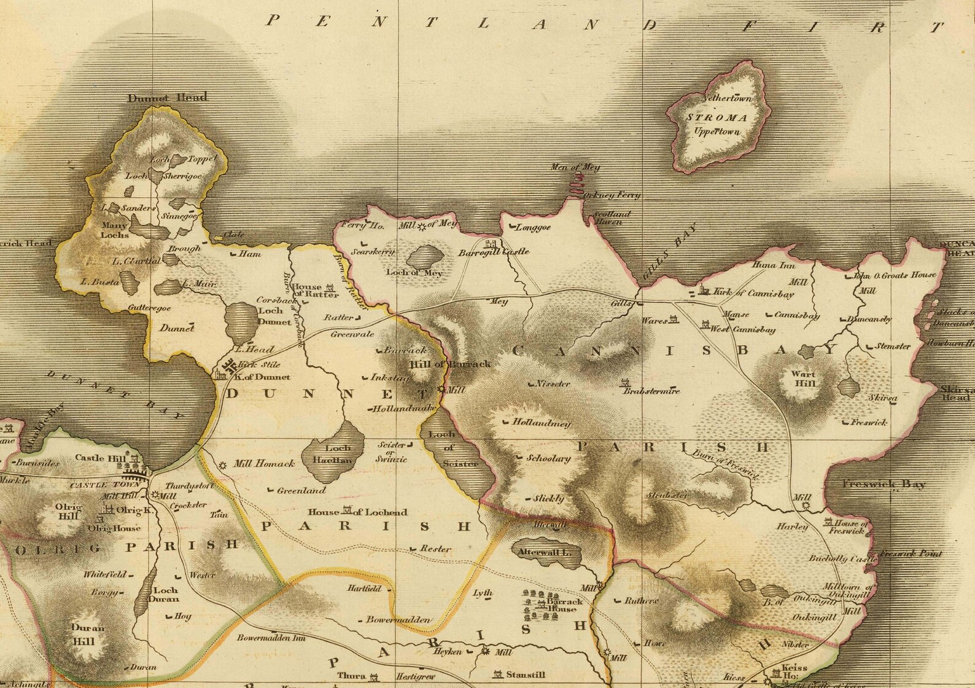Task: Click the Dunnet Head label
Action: (167, 97)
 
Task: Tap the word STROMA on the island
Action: (717, 117)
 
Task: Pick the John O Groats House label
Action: (895, 275)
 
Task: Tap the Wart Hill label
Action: (804, 378)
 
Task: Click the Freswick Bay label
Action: (884, 484)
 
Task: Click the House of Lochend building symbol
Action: (348, 510)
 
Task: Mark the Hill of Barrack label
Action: (451, 364)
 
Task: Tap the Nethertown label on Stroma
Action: (727, 98)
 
